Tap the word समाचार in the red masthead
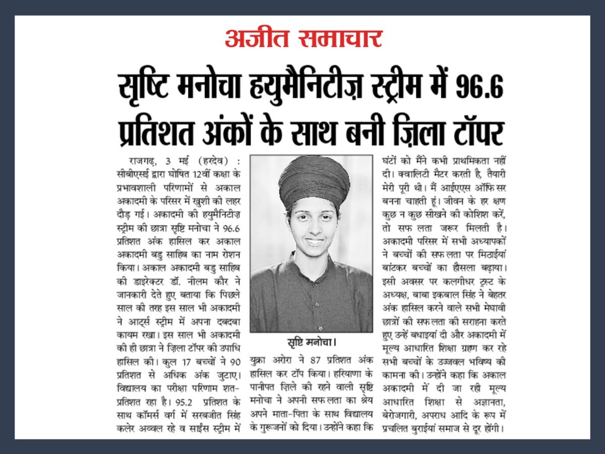pos(341,39)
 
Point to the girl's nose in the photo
pos(313,228)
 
